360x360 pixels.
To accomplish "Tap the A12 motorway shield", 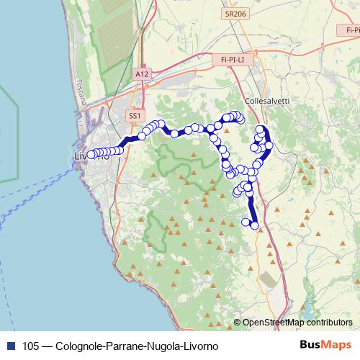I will coord(141,73).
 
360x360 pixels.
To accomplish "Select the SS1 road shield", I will coord(135,115).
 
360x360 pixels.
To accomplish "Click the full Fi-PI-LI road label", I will coord(230,60).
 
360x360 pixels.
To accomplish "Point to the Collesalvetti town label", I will coord(266,102).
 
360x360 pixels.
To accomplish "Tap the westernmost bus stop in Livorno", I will coord(91,153).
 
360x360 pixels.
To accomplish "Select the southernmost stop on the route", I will coord(254,225).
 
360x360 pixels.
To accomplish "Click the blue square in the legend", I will coord(9,345).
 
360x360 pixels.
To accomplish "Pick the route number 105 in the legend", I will coord(31,345).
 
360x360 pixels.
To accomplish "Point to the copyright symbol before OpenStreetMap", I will coord(237,323).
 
